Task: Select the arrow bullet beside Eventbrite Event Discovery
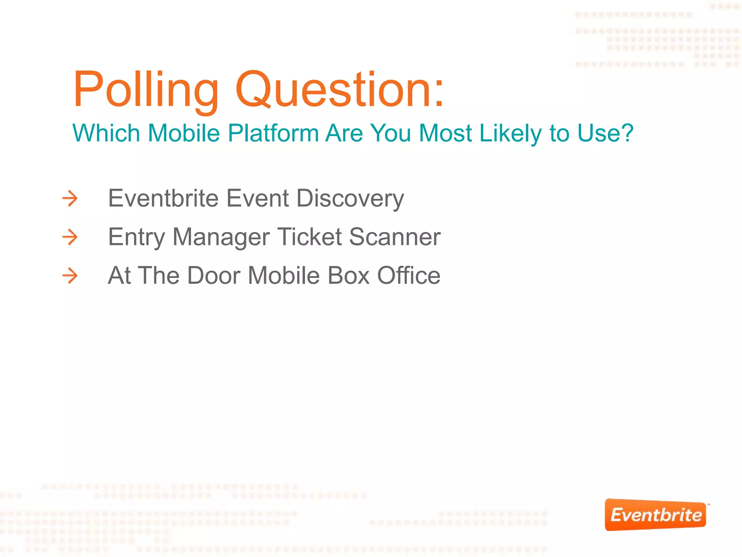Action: coord(70,198)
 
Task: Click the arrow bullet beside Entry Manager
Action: coord(70,237)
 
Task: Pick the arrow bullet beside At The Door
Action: coord(70,276)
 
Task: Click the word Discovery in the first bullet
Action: coord(350,198)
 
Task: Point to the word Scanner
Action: coord(395,237)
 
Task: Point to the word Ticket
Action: coord(309,237)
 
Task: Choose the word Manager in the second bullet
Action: coord(221,238)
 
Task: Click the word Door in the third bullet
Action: coord(214,276)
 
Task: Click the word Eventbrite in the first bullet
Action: coord(163,198)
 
